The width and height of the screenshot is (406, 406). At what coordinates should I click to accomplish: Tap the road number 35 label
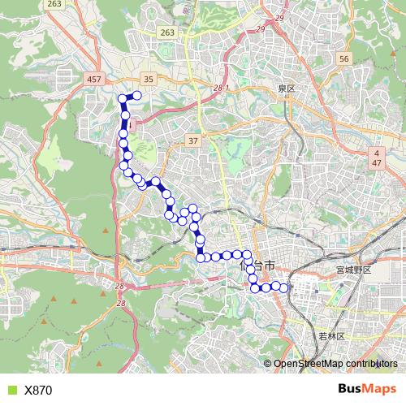point(148,80)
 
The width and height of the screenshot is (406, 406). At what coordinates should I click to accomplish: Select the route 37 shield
point(192,140)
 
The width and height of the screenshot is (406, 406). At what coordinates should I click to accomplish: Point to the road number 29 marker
point(282,18)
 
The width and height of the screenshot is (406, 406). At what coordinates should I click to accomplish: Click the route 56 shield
point(344,60)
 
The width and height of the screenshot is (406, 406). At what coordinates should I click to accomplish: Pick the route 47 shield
point(377,163)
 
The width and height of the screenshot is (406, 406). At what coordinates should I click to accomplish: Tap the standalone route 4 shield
point(377,153)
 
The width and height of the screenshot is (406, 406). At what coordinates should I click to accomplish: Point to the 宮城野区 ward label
point(353,269)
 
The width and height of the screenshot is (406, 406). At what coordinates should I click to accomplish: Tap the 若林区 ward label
point(330,335)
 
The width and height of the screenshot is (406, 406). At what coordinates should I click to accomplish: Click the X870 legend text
point(38,390)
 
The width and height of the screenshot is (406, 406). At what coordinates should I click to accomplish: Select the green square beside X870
point(11,390)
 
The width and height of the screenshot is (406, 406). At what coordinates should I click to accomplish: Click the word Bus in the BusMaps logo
point(350,389)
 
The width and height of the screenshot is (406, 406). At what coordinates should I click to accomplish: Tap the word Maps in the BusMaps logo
point(379,389)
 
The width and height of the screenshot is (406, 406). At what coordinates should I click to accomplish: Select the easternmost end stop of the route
point(284,286)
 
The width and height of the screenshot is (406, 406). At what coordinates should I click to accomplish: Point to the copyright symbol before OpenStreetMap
point(268,364)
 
